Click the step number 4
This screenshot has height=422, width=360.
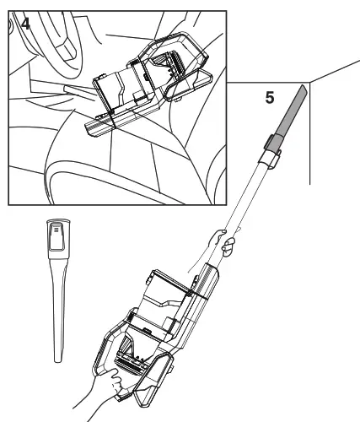(x=25, y=24)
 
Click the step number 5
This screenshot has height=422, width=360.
(x=270, y=98)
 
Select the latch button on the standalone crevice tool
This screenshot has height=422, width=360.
(x=56, y=235)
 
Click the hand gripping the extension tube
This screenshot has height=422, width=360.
(x=225, y=242)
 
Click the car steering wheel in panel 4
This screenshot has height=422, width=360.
(x=56, y=42)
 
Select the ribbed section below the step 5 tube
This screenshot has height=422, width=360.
(x=207, y=280)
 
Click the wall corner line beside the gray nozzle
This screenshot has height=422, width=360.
(x=309, y=133)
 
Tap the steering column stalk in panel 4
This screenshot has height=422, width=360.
(x=80, y=93)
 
